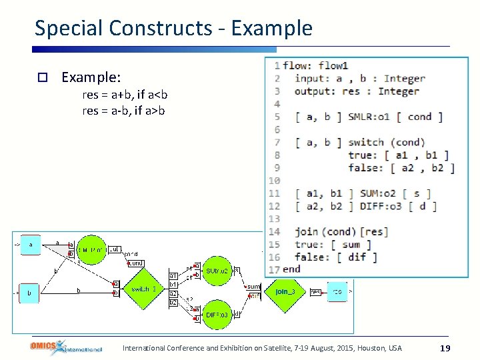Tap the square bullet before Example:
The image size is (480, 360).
(41, 77)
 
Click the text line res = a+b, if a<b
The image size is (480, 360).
(125, 95)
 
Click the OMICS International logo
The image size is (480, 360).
(65, 347)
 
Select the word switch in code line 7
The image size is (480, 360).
(366, 142)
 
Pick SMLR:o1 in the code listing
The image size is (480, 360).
(369, 117)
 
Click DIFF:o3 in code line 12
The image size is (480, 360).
(380, 206)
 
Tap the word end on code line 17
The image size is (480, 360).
(291, 269)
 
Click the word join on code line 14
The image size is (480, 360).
(307, 231)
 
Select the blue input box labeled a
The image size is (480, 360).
(30, 245)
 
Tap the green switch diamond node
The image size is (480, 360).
(143, 289)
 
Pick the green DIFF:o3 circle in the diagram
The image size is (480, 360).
(217, 314)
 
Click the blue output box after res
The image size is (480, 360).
(337, 291)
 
